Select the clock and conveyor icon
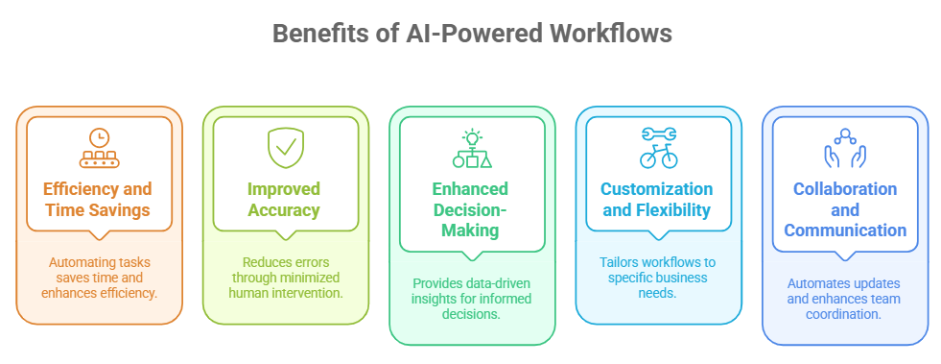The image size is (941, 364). [99, 147]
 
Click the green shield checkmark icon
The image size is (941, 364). [285, 147]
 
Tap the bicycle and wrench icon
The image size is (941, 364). [658, 147]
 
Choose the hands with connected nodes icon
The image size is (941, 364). [844, 147]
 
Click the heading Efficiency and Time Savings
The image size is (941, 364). [99, 199]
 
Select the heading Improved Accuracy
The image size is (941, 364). [285, 199]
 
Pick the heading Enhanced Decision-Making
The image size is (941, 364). [471, 209]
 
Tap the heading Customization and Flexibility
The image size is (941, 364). [657, 199]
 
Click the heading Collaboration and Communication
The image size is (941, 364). [844, 209]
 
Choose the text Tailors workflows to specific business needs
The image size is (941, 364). [657, 278]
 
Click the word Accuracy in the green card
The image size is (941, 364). [285, 209]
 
